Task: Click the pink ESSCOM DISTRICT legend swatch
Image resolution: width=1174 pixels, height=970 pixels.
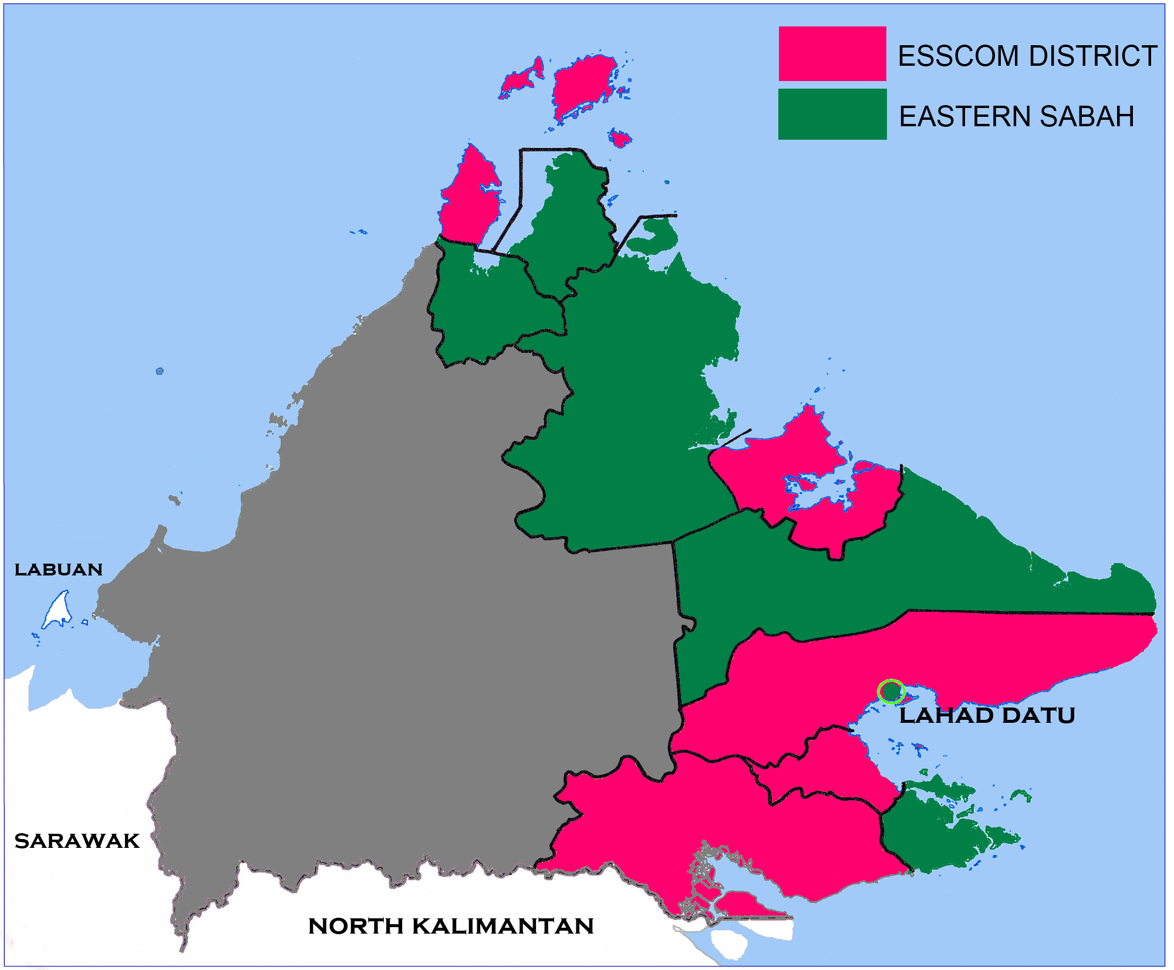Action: tap(832, 53)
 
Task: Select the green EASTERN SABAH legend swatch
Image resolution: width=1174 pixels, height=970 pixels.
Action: tap(832, 114)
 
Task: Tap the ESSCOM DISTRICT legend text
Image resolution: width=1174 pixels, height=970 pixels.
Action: tap(1027, 56)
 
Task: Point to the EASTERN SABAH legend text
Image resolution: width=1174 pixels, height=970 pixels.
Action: tap(1016, 116)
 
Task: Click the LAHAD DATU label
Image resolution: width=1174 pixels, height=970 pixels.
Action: tap(987, 716)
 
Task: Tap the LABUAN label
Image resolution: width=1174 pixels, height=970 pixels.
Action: tap(59, 570)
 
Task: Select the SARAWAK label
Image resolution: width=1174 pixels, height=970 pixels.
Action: tap(77, 841)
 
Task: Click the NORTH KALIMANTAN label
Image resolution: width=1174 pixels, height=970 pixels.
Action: tap(451, 926)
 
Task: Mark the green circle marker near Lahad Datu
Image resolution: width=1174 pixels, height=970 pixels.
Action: tap(890, 691)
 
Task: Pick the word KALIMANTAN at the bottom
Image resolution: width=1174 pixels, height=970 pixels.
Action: tap(503, 926)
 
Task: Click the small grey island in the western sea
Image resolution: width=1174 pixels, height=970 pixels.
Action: tap(160, 371)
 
